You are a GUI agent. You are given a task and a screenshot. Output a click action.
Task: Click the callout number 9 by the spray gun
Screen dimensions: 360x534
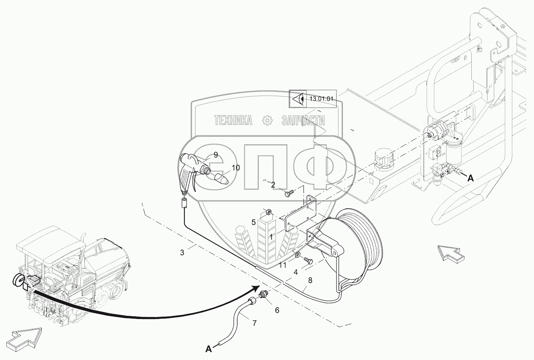[x=216, y=155]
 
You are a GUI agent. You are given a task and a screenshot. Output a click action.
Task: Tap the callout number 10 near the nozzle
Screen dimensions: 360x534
[x=235, y=168]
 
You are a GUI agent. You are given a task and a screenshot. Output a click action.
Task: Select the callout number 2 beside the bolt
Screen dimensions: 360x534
[x=273, y=184]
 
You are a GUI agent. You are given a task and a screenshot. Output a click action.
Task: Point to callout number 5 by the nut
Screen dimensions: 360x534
[x=255, y=222]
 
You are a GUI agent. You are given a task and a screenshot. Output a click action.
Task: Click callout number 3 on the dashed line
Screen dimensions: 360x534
[x=182, y=252]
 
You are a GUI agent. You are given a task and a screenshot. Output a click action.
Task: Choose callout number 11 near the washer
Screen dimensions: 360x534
[x=283, y=265]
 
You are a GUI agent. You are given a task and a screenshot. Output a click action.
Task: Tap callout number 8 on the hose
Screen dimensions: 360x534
[x=310, y=280]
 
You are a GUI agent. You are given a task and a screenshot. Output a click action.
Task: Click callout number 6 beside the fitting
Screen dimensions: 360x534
[x=277, y=310]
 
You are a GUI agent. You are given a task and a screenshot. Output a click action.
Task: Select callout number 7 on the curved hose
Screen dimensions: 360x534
[x=255, y=323]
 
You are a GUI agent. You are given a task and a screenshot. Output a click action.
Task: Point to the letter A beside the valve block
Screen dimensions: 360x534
[x=470, y=178]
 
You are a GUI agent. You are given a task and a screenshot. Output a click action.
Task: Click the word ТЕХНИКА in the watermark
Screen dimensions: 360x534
[x=233, y=121]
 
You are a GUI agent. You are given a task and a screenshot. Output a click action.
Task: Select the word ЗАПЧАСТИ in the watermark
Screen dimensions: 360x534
[x=303, y=121]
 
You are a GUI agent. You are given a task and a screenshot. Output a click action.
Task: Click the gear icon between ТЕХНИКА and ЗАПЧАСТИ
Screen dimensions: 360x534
[x=267, y=121]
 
